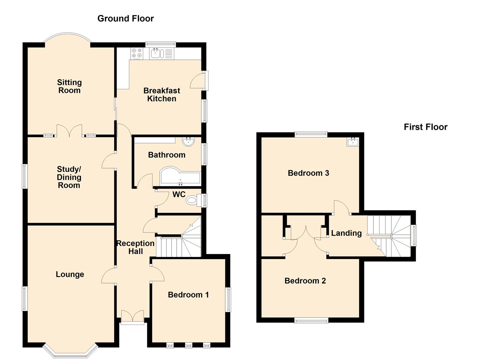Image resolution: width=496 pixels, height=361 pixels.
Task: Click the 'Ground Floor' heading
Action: click(x=125, y=18)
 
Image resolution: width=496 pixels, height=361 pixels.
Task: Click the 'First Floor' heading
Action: click(x=425, y=127)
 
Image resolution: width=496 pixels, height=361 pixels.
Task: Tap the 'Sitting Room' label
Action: click(x=69, y=86)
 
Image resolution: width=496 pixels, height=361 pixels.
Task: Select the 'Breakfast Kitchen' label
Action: click(x=162, y=95)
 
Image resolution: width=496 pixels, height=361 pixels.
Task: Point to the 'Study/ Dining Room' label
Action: click(x=69, y=177)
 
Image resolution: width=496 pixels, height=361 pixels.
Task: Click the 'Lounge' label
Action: click(x=70, y=274)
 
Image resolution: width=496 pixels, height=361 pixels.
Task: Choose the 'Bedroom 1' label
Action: click(x=188, y=294)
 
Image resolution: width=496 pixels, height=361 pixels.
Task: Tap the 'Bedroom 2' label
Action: click(x=305, y=281)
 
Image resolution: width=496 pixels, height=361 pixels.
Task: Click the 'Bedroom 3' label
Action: click(x=308, y=173)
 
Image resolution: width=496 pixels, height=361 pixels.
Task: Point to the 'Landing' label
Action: click(x=346, y=233)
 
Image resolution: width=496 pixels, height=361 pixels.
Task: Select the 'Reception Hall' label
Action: click(x=135, y=247)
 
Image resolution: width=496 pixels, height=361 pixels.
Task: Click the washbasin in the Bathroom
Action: click(x=188, y=142)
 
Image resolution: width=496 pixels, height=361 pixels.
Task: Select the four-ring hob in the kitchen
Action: click(x=137, y=53)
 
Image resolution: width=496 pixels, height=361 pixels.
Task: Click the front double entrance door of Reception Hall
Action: click(x=132, y=317)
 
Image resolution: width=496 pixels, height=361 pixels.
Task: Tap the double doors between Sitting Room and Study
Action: click(x=69, y=131)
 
